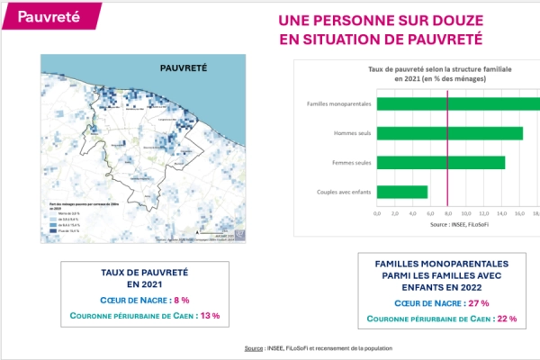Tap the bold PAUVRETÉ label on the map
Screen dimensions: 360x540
coord(184,67)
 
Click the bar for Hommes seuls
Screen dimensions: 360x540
coord(450,133)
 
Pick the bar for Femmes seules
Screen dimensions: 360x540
coord(441,163)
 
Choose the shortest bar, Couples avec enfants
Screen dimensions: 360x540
coord(402,192)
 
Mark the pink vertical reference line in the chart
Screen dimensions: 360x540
coord(448,148)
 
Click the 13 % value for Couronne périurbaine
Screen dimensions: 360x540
coord(210,316)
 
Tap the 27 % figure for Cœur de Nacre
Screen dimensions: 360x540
coord(478,303)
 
